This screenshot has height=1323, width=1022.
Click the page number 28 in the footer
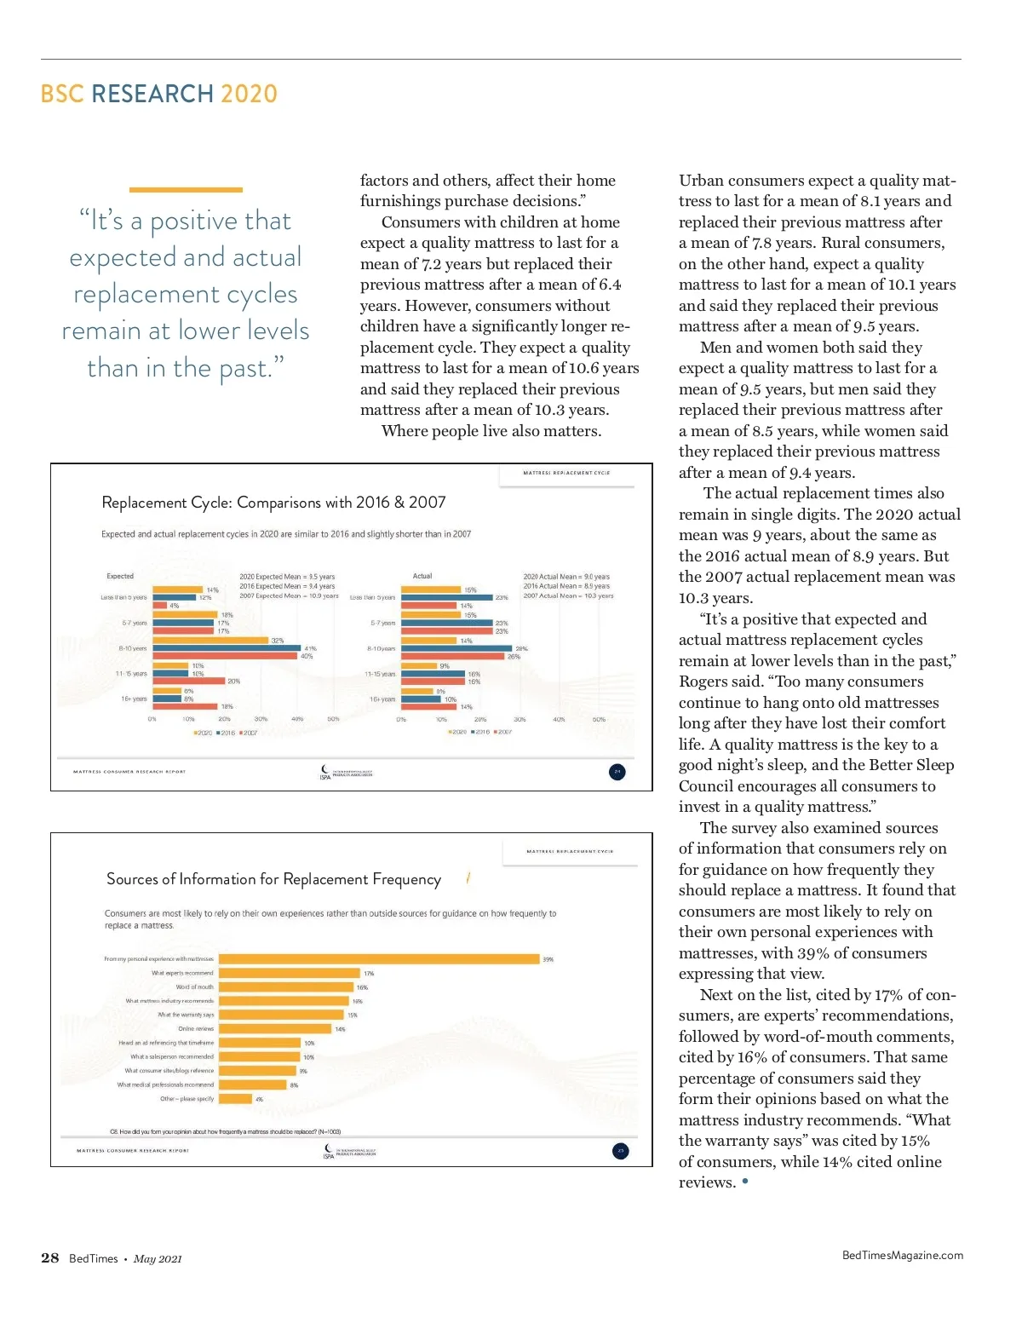click(50, 1258)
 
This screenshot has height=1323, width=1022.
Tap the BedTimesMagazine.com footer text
click(902, 1255)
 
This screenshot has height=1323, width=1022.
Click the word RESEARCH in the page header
click(152, 94)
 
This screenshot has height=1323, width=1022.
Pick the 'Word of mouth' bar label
click(195, 987)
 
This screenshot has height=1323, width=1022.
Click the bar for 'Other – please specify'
click(236, 1099)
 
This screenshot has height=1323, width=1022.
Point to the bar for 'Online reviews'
click(275, 1029)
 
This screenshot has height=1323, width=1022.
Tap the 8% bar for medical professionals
click(253, 1085)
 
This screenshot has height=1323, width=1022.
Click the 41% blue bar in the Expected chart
click(227, 648)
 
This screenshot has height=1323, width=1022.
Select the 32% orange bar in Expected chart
click(210, 640)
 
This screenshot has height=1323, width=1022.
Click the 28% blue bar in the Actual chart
click(456, 648)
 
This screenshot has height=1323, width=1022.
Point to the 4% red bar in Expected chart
click(159, 606)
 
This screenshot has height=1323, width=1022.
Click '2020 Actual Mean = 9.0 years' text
click(566, 577)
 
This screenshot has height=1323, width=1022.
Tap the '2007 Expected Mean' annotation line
click(289, 595)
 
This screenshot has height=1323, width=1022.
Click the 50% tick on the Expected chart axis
click(333, 719)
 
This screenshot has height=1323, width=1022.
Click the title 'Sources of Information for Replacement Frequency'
click(273, 879)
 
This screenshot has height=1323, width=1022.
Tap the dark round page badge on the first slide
click(617, 772)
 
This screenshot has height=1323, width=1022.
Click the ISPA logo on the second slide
click(329, 1151)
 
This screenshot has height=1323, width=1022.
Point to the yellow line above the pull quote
click(186, 190)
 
